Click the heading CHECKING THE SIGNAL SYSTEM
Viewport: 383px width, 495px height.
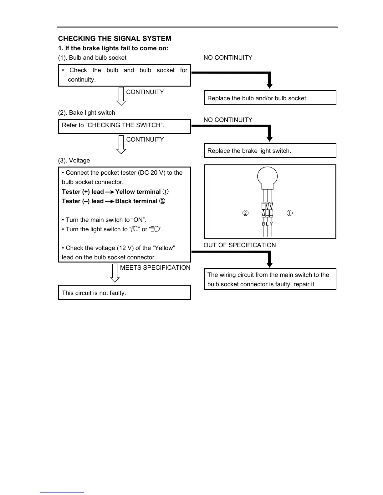pos(115,39)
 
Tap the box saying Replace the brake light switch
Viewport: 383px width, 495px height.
pos(270,151)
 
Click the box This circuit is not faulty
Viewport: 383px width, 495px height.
pos(124,293)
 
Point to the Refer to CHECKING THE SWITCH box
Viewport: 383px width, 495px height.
pos(124,126)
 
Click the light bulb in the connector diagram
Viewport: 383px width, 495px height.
pos(267,176)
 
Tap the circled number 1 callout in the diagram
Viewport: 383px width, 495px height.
pos(290,213)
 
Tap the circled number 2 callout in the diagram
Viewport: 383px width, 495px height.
pos(245,213)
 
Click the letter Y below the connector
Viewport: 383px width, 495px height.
pos(271,224)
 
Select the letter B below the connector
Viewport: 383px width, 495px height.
pos(263,224)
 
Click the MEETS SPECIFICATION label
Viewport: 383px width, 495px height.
pos(155,268)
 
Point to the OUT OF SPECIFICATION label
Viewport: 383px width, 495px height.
pos(240,245)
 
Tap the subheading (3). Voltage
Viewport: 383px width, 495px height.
pos(74,161)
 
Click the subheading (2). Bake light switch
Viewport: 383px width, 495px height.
pos(86,113)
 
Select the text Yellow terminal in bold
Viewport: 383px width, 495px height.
pos(138,192)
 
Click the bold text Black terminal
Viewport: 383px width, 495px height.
pos(136,201)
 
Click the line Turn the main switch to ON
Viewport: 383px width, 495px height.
pos(104,220)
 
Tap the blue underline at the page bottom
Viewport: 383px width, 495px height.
pos(62,492)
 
